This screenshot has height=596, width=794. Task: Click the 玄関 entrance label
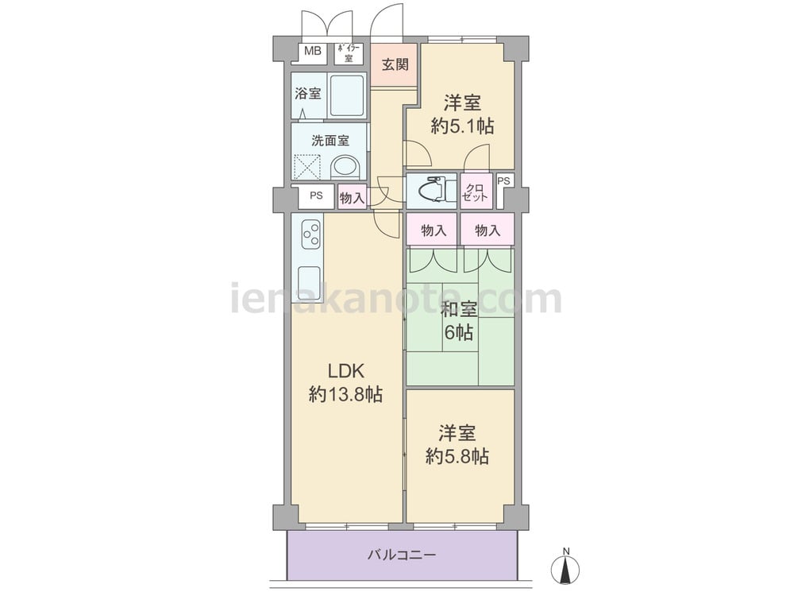click(395, 65)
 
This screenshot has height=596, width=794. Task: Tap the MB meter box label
click(312, 51)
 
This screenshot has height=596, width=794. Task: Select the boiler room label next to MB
click(349, 53)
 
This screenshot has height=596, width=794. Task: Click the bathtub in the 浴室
click(347, 96)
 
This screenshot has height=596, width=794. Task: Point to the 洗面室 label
click(330, 141)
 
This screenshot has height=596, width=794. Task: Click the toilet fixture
click(432, 189)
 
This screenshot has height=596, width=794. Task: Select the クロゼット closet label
click(475, 192)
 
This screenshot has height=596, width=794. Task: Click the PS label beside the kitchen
click(317, 195)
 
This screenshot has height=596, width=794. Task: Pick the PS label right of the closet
click(504, 181)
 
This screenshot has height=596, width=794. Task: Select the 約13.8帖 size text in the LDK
click(346, 394)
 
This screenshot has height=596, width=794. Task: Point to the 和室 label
click(459, 309)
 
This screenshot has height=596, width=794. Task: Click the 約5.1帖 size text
click(462, 126)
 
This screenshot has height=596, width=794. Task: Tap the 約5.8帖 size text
click(457, 457)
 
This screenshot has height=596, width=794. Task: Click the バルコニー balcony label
click(402, 555)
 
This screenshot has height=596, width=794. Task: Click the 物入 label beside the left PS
click(352, 198)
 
